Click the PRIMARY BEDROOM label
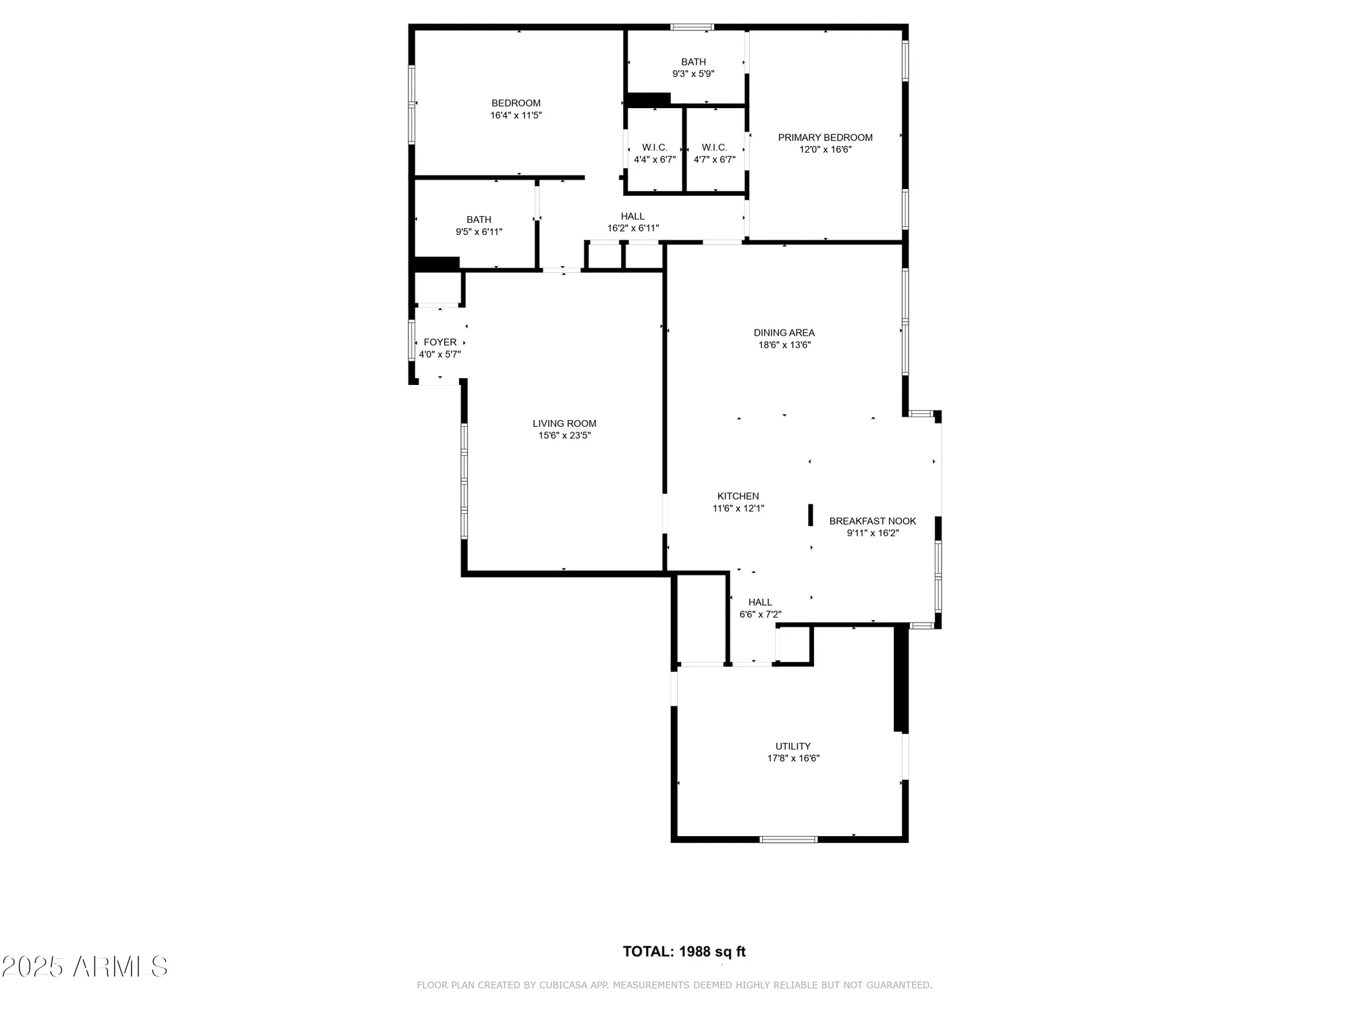tap(825, 138)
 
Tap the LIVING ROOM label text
tap(564, 424)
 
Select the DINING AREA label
tap(784, 333)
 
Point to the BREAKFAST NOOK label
tap(872, 521)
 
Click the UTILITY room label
tap(792, 746)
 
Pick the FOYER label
tap(440, 342)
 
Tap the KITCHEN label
tap(738, 496)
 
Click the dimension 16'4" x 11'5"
tap(516, 115)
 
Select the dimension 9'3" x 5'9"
tap(693, 74)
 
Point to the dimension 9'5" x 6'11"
tap(479, 232)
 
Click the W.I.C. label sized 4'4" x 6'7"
tap(654, 148)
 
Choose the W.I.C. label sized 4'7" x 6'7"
tap(714, 148)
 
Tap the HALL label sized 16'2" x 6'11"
tap(632, 217)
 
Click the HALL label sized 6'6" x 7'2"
tap(760, 602)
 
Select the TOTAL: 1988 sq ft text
tap(684, 952)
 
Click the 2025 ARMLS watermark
tap(84, 966)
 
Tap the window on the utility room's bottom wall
tap(788, 839)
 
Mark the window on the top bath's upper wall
tap(691, 28)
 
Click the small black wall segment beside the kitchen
tap(810, 515)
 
